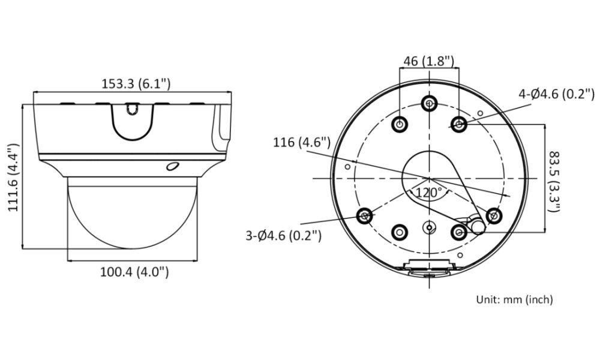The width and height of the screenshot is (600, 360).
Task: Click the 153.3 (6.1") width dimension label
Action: click(x=136, y=83)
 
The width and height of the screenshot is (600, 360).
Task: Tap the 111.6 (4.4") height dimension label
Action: click(x=14, y=177)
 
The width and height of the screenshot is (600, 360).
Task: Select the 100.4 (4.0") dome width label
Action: click(x=134, y=272)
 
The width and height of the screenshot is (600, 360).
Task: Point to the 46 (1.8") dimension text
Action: click(x=428, y=61)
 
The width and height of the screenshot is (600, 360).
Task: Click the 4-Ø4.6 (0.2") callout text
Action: click(x=557, y=94)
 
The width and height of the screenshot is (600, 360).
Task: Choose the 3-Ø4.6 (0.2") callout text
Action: click(x=284, y=235)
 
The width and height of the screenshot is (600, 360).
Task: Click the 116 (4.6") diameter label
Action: click(x=302, y=142)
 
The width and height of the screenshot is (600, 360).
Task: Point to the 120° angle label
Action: click(x=428, y=193)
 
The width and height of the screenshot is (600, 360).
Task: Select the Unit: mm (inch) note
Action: click(x=515, y=299)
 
